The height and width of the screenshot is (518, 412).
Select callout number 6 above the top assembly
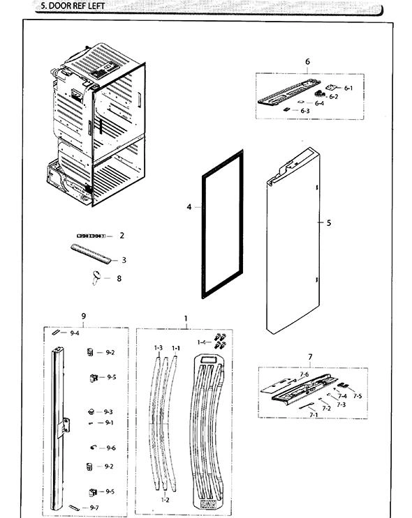tap(307, 62)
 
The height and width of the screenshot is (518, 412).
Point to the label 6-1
tap(348, 88)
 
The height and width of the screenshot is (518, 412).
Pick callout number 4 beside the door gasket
tap(189, 207)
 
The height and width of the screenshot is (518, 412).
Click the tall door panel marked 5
tap(293, 244)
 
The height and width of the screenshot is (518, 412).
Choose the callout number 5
tap(329, 223)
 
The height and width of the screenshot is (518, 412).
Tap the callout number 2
tap(122, 236)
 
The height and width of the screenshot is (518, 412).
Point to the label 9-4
tap(75, 333)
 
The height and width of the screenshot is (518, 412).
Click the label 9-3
tap(108, 412)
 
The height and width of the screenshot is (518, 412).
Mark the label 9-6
tap(111, 448)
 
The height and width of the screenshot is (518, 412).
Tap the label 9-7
tap(94, 508)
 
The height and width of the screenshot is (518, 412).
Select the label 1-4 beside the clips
tap(202, 342)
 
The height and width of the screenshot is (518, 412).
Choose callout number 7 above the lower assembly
tap(309, 358)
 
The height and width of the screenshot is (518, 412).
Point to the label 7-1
tap(314, 415)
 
